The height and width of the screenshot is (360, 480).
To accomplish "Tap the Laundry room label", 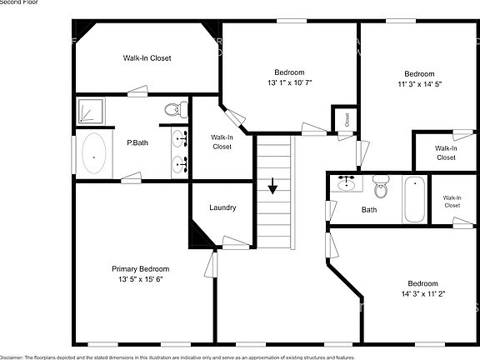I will coord(222,207).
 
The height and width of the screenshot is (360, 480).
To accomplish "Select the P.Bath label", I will coord(137,142).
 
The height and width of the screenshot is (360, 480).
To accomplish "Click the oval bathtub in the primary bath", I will coord(94,156).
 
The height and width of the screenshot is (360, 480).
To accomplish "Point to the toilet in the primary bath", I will coord(174,109).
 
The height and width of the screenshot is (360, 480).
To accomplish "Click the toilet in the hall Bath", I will coord(381,183).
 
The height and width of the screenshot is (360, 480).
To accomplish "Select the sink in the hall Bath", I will coord(346,183).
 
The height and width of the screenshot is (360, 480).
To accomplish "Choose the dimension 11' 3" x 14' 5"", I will coord(419,83).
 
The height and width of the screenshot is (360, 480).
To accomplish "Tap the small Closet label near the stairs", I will coord(346,118).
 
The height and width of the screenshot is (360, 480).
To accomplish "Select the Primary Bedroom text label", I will coord(141,269).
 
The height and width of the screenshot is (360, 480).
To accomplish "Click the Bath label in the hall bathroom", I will coord(369,210).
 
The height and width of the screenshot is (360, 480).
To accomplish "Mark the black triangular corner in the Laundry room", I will coord(200,233).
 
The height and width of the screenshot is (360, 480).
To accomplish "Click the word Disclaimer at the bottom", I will coord(12,357).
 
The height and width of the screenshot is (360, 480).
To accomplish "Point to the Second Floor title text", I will coord(18,2).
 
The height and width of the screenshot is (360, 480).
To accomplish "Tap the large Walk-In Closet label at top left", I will coord(147,58).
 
